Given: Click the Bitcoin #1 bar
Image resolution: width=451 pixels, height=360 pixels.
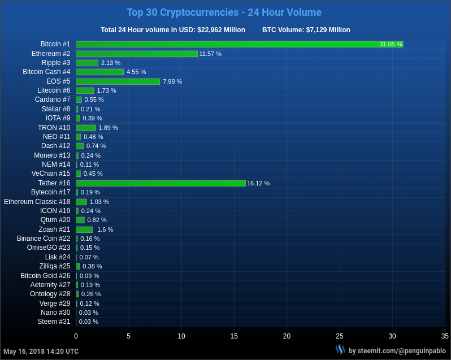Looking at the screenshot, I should [239, 44].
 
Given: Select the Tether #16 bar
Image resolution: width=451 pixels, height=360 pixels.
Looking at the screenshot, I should [161, 183].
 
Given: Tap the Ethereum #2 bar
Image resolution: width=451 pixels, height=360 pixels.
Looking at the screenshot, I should [137, 54].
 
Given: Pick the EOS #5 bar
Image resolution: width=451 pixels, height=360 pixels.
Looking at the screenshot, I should [118, 81].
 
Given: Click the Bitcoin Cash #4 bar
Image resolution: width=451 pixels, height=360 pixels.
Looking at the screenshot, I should [99, 72].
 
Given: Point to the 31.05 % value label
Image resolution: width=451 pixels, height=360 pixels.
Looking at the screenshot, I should [391, 44].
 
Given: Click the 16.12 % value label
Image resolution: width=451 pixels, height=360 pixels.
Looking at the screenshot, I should [258, 183].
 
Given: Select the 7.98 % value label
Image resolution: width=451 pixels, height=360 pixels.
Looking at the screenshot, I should [172, 81].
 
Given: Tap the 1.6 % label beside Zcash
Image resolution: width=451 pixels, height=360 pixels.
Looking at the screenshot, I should [105, 229].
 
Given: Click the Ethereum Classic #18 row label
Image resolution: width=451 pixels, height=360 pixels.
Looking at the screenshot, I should [37, 202].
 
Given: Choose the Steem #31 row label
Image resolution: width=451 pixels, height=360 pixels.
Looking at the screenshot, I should [54, 322].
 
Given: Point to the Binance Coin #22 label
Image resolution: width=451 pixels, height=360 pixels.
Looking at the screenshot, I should [44, 238].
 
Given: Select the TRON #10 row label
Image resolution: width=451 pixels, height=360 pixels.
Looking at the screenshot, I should [54, 128].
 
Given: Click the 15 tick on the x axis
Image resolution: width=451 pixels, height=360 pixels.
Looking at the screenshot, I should [234, 336].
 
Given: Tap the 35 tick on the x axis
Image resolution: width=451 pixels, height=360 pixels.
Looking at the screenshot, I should [445, 336].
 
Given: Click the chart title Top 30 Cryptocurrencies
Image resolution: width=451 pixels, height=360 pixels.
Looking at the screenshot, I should [224, 12].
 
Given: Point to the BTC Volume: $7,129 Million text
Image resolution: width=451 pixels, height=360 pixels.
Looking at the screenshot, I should [306, 30].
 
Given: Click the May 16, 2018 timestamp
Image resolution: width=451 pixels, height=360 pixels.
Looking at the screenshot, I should [41, 352].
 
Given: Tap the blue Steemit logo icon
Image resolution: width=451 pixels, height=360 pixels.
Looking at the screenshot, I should [340, 350].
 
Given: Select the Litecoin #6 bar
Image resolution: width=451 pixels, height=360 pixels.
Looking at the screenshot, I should [85, 90].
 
